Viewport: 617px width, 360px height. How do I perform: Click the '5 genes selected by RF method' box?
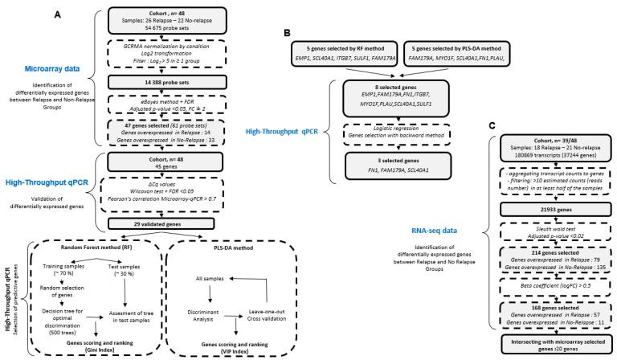point(339,43)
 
